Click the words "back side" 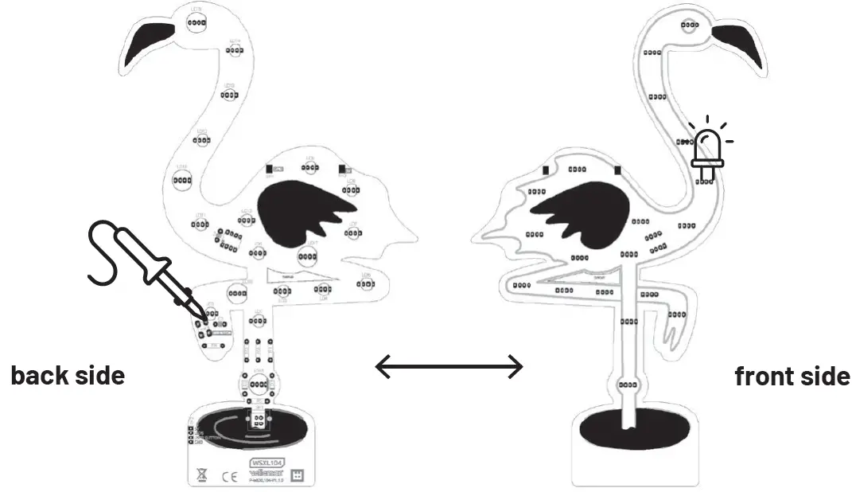click(68, 375)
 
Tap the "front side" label click(792, 375)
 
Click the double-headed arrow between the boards click(449, 367)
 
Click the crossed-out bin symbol click(201, 475)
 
